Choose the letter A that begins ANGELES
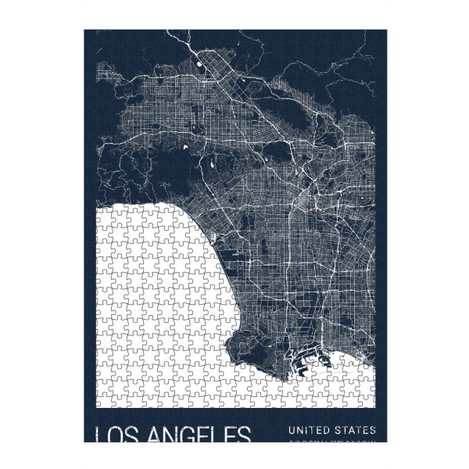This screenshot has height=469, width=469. click(152, 434)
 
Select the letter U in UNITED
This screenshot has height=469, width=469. click(292, 430)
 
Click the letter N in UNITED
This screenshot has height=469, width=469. click(300, 430)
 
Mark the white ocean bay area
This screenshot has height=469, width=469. click(156, 313)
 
